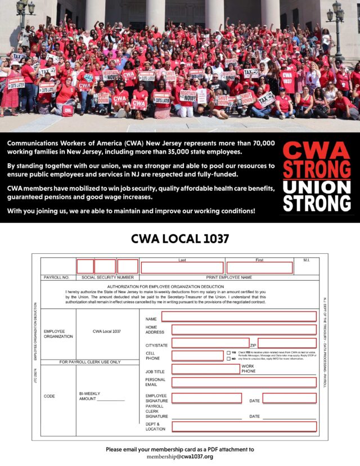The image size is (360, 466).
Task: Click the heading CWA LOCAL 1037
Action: coord(179,239)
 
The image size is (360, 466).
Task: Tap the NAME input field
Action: coord(238,316)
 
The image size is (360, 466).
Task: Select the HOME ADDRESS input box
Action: coord(244,329)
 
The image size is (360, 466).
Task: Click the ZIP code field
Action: coord(287,343)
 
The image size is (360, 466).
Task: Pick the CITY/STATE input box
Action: coord(210,343)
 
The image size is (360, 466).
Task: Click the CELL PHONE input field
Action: coord(197,356)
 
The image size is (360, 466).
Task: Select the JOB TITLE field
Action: coord(205,369)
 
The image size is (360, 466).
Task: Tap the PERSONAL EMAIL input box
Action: coord(244,382)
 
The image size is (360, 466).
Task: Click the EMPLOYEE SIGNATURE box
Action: coord(206,398)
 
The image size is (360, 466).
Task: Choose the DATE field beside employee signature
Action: coord(289,398)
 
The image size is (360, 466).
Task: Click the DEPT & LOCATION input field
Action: coord(244,426)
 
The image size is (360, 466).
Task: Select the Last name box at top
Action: coord(182,267)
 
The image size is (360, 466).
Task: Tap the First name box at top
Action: coord(259,267)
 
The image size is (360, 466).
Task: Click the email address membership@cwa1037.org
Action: coord(180,456)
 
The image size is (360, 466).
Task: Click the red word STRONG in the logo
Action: coord(316,169)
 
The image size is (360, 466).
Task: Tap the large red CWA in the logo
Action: coord(316,150)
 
